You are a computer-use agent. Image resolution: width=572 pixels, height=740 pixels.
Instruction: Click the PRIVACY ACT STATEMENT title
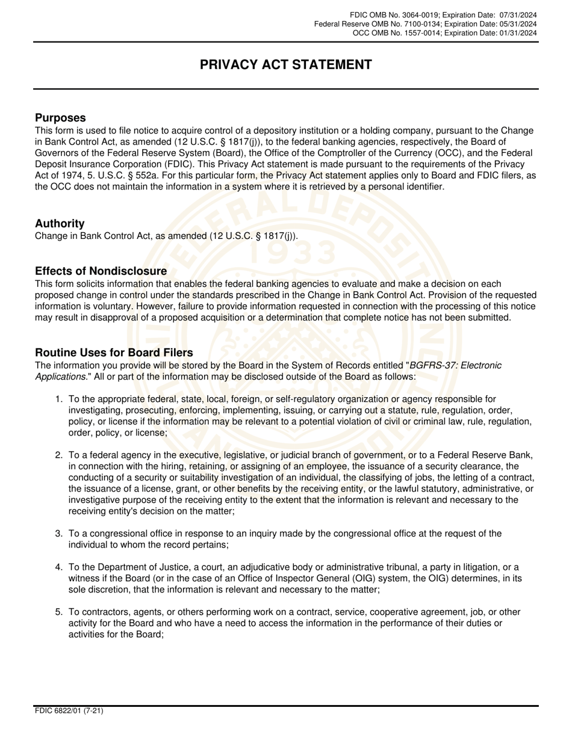tap(286, 65)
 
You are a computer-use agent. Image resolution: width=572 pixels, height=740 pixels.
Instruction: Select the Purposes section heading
tap(60, 118)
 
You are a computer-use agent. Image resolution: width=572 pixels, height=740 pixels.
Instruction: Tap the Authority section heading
tap(60, 223)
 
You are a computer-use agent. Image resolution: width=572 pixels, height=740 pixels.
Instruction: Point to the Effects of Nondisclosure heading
tap(101, 271)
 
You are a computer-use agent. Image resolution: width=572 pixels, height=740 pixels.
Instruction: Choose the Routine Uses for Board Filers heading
tap(114, 353)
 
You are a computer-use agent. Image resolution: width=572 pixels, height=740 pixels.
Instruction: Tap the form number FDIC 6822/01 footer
tap(69, 711)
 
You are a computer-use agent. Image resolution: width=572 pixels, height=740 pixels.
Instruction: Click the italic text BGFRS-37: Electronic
tap(456, 365)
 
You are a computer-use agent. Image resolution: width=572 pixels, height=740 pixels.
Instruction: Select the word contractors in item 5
tap(102, 612)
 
